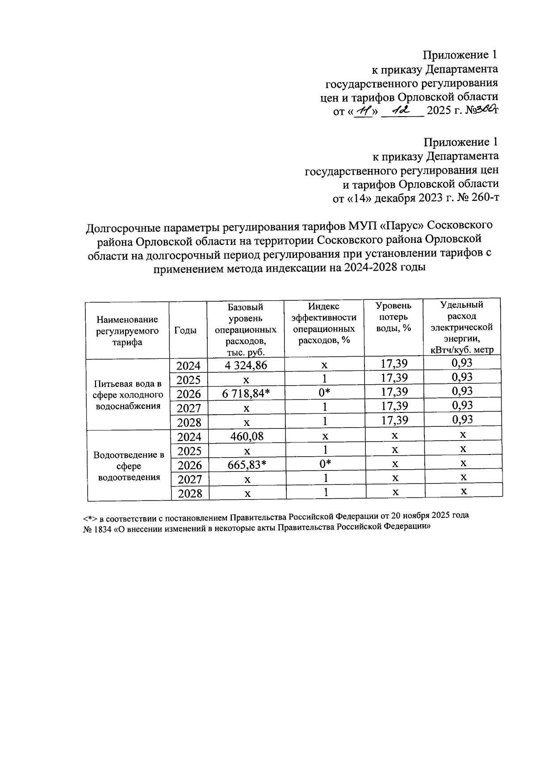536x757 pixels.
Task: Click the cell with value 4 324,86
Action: pyautogui.click(x=246, y=365)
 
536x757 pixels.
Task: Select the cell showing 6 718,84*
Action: pyautogui.click(x=246, y=394)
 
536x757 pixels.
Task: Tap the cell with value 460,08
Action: pyautogui.click(x=247, y=436)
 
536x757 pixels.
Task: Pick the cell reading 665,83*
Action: pyautogui.click(x=247, y=465)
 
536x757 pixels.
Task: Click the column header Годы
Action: pyautogui.click(x=185, y=330)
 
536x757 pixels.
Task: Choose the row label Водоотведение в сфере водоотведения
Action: pyautogui.click(x=129, y=466)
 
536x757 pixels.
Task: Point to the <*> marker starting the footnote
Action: pyautogui.click(x=90, y=517)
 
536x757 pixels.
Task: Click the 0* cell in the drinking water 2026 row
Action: pyautogui.click(x=325, y=393)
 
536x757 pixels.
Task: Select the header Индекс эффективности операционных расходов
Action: pyautogui.click(x=324, y=323)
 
